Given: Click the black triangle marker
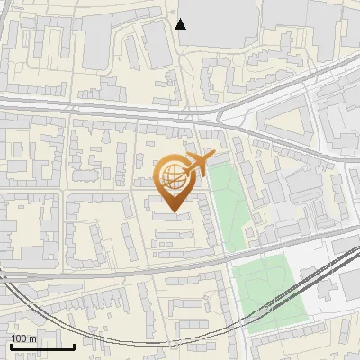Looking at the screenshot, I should [181, 24].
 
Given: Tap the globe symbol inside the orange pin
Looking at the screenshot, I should [175, 176].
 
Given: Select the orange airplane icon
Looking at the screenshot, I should [200, 164].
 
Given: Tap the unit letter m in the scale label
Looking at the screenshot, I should [32, 338].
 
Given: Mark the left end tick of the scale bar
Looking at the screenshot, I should [11, 346].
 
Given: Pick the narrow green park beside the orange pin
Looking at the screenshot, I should [230, 202].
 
